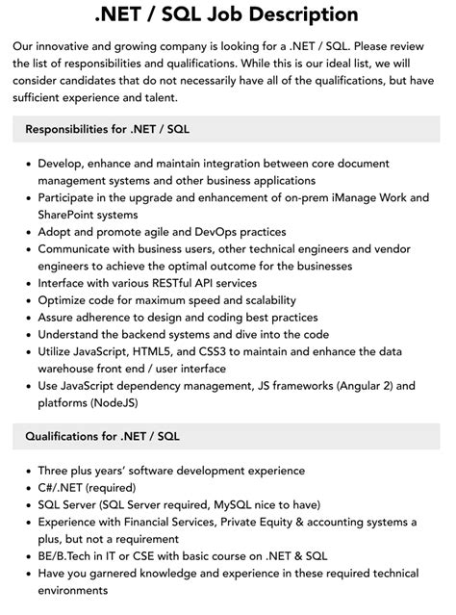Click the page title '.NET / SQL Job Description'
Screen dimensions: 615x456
coord(227,15)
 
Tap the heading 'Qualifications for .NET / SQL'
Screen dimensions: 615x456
coord(103,436)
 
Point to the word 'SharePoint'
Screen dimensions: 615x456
coord(74,214)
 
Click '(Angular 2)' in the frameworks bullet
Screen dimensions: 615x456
coord(356,386)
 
